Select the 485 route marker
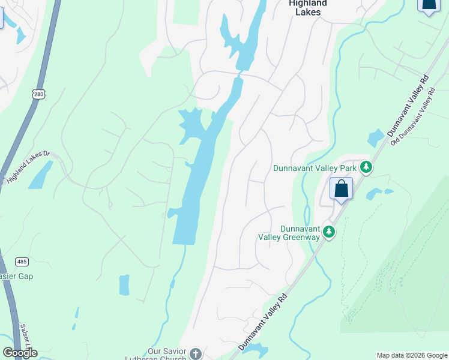click(x=22, y=262)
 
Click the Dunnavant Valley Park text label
click(x=315, y=168)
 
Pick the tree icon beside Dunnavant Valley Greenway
click(x=328, y=232)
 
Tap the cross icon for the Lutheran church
click(x=194, y=354)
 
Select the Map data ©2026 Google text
click(x=412, y=355)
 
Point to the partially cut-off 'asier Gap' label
click(x=16, y=276)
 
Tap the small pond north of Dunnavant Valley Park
click(x=375, y=138)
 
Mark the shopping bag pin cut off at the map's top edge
click(x=428, y=6)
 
